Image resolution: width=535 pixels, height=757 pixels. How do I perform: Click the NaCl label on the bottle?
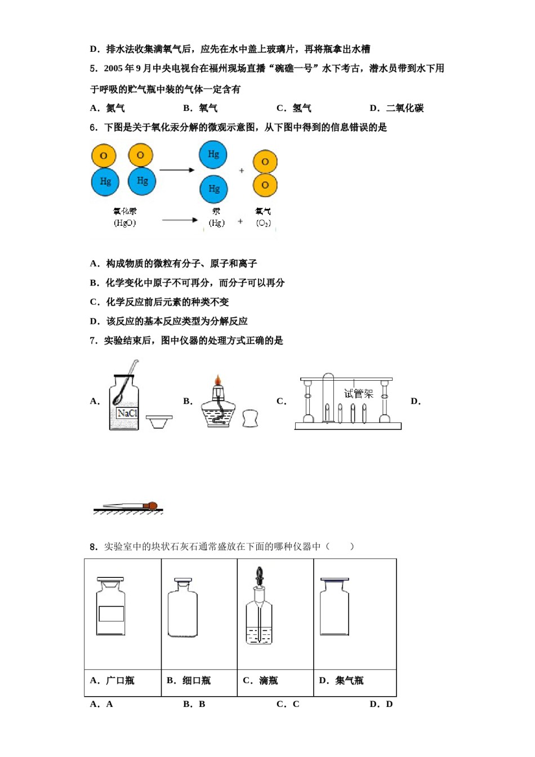point(127,413)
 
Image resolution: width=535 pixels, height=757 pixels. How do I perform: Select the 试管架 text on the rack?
point(359,394)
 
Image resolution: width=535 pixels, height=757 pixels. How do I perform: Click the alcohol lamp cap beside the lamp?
point(250,418)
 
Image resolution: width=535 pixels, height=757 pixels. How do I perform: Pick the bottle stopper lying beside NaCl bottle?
point(159,420)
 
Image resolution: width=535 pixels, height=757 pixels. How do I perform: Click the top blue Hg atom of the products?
point(213,154)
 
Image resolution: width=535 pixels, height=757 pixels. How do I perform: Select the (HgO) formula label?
point(125,223)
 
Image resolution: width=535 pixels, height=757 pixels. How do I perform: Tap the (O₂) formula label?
point(263,223)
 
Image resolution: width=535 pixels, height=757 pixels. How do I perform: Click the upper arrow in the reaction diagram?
point(177,170)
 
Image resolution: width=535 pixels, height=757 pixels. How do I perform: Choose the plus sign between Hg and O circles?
point(242,170)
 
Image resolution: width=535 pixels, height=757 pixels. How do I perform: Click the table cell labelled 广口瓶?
point(122,681)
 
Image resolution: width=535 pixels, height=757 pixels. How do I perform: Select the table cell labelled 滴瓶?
point(275,681)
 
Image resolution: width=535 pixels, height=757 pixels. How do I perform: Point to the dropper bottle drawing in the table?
point(259,608)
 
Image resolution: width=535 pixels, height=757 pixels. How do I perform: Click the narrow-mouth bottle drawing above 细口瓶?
point(182,608)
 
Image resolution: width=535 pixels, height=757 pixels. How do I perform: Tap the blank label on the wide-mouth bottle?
point(111,613)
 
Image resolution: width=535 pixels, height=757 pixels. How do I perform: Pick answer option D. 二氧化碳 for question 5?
point(397,108)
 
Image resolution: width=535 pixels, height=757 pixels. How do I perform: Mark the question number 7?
point(93,341)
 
